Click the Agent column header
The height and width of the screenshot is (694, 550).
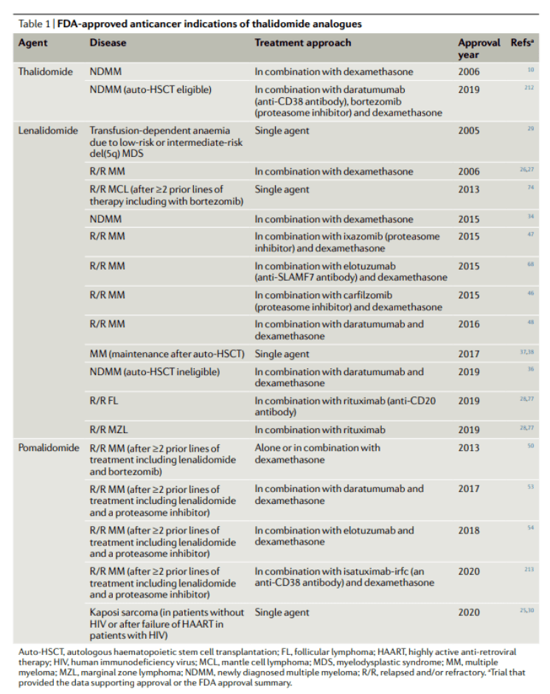click(x=33, y=43)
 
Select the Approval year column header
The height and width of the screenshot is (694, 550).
click(x=478, y=49)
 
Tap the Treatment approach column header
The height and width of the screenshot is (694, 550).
click(x=303, y=43)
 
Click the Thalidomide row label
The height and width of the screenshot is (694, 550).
click(x=45, y=72)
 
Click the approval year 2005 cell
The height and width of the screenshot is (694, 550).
click(x=469, y=131)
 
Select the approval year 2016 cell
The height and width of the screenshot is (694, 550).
click(x=469, y=324)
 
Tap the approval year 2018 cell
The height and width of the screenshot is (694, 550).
click(x=469, y=530)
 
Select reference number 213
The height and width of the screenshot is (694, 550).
click(x=529, y=572)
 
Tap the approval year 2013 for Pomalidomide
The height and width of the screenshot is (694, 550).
click(x=469, y=448)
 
